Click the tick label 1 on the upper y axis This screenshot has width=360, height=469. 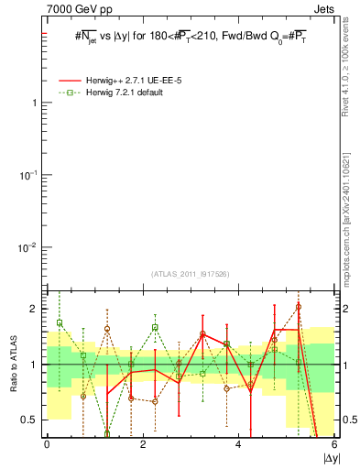tap(35, 103)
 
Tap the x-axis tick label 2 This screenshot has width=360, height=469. tap(142, 445)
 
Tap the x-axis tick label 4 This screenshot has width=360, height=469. tap(238, 445)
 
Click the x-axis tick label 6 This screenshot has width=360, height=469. tap(334, 445)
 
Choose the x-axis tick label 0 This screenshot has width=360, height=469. tap(47, 445)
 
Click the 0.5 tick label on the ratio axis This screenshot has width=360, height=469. tap(30, 420)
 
